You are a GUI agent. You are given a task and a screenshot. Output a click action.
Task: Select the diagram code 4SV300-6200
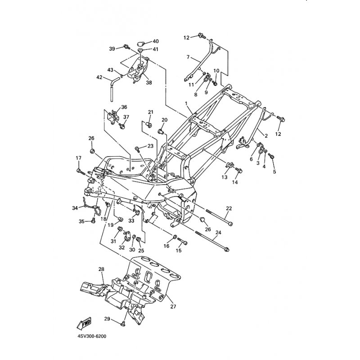[91, 336]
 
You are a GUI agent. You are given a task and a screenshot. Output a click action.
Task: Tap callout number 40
[156, 41]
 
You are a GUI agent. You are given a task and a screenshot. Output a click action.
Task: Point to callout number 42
[99, 77]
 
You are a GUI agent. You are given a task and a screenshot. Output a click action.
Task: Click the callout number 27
[173, 306]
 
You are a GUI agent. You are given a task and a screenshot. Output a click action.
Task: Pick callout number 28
[101, 269]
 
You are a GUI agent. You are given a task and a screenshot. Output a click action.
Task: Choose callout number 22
[229, 208]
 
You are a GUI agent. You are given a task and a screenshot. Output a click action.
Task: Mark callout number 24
[218, 233]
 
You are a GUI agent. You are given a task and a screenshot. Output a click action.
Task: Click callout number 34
[75, 207]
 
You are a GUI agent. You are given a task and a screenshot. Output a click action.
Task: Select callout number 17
[78, 158]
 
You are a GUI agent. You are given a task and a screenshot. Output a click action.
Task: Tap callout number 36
[124, 107]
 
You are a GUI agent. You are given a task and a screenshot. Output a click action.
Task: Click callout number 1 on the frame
[186, 103]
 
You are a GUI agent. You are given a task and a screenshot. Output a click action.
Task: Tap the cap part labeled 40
[141, 43]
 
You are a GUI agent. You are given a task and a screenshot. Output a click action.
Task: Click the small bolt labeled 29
[123, 322]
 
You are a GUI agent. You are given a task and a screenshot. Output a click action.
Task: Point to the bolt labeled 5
[271, 156]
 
